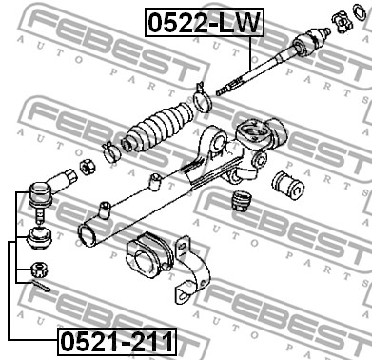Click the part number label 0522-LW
click(x=205, y=22)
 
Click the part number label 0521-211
click(x=117, y=342)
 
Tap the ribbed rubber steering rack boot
click(x=158, y=128)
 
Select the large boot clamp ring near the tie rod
click(x=202, y=99)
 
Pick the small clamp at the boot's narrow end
click(x=110, y=150)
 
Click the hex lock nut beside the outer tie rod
click(x=88, y=166)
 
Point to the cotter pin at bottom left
click(x=41, y=286)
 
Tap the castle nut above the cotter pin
click(x=40, y=270)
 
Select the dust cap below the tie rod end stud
click(x=39, y=238)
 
